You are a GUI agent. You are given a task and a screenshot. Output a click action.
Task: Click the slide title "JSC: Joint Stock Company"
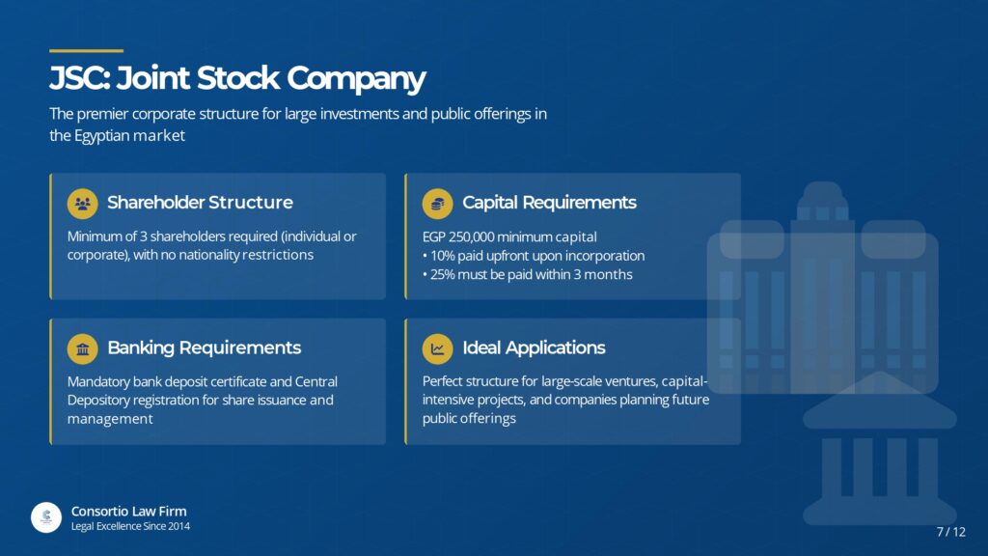click(x=237, y=79)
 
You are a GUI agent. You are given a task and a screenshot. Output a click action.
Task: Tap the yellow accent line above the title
click(x=86, y=50)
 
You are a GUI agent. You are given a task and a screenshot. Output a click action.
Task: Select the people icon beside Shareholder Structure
click(x=83, y=204)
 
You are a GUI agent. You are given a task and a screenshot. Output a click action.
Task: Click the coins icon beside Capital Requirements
click(x=437, y=204)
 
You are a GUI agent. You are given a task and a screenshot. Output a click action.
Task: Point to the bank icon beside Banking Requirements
click(x=83, y=348)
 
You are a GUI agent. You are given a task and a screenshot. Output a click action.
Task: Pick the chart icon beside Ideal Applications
click(x=437, y=348)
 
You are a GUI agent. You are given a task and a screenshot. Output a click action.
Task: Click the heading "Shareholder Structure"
click(x=200, y=203)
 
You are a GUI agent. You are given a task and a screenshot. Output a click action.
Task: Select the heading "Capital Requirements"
click(x=549, y=203)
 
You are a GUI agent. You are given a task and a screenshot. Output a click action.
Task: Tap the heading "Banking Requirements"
click(x=205, y=347)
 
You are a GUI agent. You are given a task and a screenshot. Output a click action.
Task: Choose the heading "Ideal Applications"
click(x=534, y=347)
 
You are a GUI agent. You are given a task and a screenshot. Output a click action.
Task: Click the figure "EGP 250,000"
click(x=458, y=237)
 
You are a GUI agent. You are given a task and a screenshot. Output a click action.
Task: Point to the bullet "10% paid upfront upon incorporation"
click(x=534, y=256)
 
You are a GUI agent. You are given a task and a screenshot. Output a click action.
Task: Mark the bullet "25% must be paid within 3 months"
click(x=528, y=275)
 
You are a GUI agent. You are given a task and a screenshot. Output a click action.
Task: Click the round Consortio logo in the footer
click(x=46, y=517)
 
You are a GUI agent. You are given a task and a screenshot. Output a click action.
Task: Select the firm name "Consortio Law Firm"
click(x=128, y=512)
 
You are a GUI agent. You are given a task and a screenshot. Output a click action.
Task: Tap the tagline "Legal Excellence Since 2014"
click(x=130, y=526)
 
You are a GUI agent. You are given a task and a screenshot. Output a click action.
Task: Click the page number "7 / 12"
click(x=950, y=532)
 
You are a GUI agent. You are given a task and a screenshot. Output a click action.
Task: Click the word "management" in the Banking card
click(x=110, y=419)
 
